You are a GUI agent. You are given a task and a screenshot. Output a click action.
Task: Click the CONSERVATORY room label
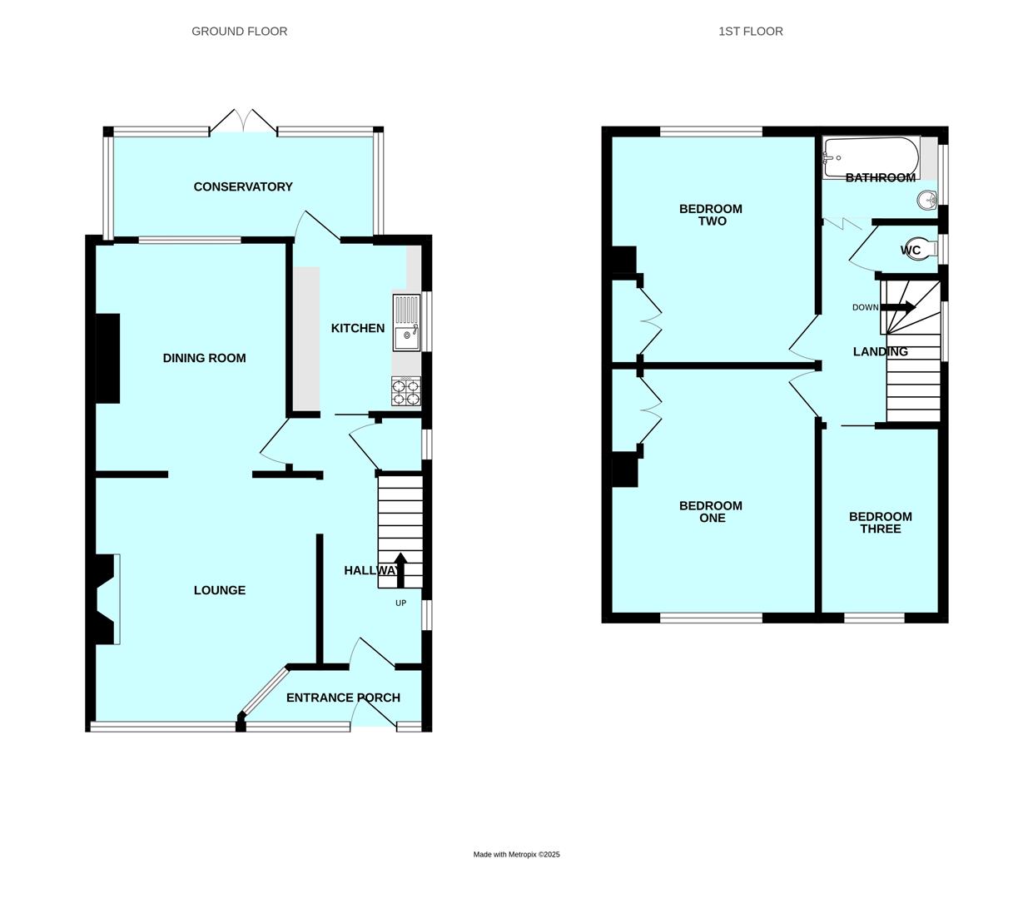pyautogui.click(x=243, y=186)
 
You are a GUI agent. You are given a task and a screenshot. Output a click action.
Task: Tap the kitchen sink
pyautogui.click(x=406, y=322)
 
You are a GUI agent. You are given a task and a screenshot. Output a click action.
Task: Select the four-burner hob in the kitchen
pyautogui.click(x=406, y=392)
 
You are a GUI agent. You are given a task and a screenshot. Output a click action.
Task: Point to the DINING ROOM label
pyautogui.click(x=204, y=358)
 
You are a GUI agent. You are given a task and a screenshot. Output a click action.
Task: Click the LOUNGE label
pyautogui.click(x=220, y=590)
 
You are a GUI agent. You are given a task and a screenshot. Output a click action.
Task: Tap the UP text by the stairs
pyautogui.click(x=401, y=603)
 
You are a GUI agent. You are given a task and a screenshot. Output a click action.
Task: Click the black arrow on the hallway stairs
pyautogui.click(x=400, y=570)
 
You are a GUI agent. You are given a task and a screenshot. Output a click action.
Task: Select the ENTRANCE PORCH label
pyautogui.click(x=343, y=698)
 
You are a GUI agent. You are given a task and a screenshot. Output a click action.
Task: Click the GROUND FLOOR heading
pyautogui.click(x=240, y=32)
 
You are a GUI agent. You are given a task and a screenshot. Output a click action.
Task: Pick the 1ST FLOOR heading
pyautogui.click(x=751, y=32)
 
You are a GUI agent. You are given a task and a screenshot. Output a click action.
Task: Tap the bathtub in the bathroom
pyautogui.click(x=871, y=157)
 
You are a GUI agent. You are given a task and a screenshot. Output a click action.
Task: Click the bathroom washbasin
pyautogui.click(x=927, y=200)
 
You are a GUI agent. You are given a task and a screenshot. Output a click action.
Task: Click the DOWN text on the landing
pyautogui.click(x=866, y=307)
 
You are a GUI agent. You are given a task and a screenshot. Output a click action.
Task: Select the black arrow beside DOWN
pyautogui.click(x=898, y=307)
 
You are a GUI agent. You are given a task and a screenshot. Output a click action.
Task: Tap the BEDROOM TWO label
pyautogui.click(x=711, y=215)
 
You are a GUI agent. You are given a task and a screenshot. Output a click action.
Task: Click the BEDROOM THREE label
pyautogui.click(x=881, y=523)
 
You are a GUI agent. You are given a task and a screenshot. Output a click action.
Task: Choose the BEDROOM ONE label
pyautogui.click(x=711, y=512)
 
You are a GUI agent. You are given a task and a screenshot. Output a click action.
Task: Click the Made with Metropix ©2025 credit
pyautogui.click(x=516, y=855)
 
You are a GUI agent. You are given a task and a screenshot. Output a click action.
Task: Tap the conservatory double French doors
pyautogui.click(x=243, y=122)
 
